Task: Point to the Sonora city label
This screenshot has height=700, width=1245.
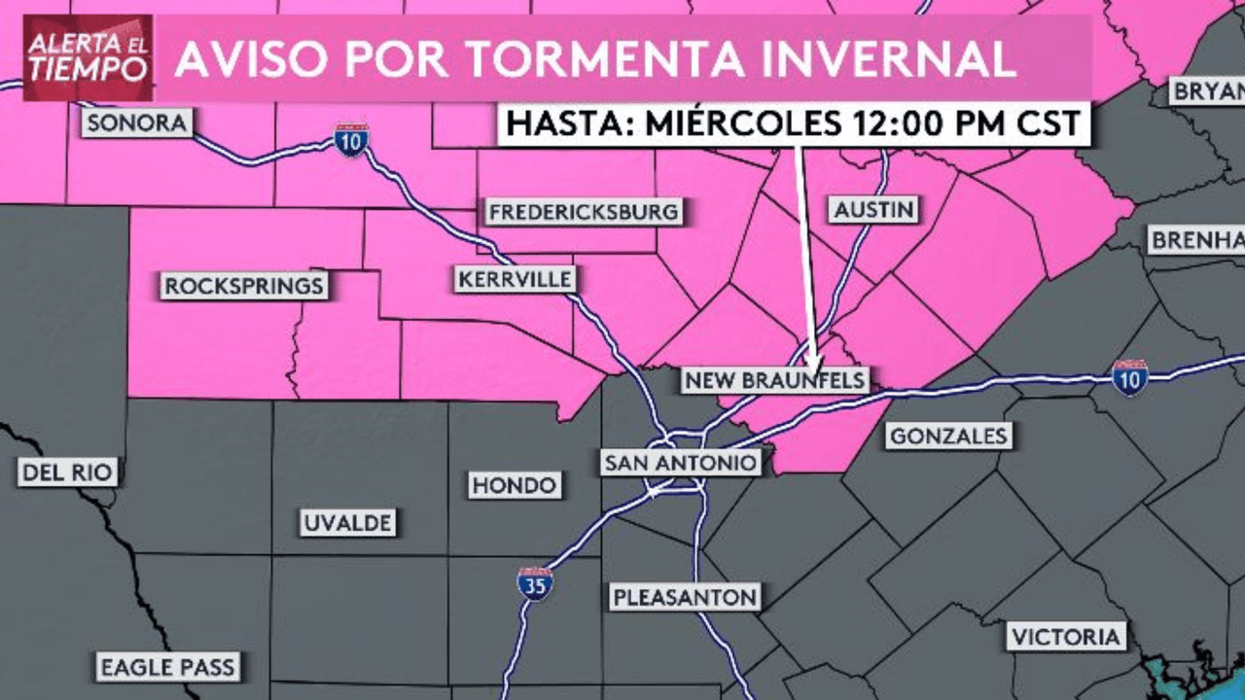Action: point(137,123)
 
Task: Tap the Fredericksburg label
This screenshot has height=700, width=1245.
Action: point(583,212)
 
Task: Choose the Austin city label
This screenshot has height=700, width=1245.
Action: point(874,209)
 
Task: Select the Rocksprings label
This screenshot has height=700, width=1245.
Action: point(243,287)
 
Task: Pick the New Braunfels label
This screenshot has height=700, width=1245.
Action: point(775,380)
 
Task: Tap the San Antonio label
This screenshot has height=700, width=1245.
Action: point(680,463)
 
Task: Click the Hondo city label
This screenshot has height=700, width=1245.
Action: point(515,485)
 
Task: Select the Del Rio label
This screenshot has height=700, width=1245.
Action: point(68,473)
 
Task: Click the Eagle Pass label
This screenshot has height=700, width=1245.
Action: point(168,667)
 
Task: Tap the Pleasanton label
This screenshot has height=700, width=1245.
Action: point(685,596)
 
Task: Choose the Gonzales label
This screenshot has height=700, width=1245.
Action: point(948,437)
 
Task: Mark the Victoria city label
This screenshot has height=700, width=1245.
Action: point(1066,638)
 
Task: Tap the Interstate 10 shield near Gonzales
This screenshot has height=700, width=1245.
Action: point(1130,377)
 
